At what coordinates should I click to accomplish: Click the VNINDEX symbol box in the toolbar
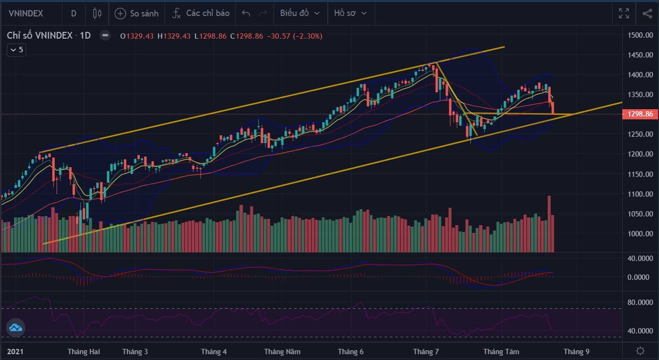[26, 14]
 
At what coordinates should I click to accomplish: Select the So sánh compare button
[136, 14]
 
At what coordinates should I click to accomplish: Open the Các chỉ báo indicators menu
[201, 14]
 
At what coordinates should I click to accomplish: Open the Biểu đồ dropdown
[300, 13]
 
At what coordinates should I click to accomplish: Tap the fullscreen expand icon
[624, 14]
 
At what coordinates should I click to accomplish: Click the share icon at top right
[647, 14]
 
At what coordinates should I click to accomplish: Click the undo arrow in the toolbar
[246, 13]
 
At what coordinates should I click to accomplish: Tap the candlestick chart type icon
[97, 14]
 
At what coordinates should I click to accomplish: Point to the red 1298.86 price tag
[640, 114]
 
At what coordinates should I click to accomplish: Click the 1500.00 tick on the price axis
[640, 35]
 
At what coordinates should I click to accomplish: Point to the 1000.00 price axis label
[640, 234]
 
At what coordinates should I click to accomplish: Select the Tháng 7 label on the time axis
[425, 352]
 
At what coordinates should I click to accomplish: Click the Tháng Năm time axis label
[282, 352]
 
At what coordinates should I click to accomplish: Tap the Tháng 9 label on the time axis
[576, 352]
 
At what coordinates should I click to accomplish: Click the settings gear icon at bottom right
[640, 351]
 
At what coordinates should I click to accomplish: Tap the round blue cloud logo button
[15, 328]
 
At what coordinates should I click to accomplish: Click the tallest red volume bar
[549, 224]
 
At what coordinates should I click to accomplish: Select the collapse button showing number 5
[16, 50]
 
